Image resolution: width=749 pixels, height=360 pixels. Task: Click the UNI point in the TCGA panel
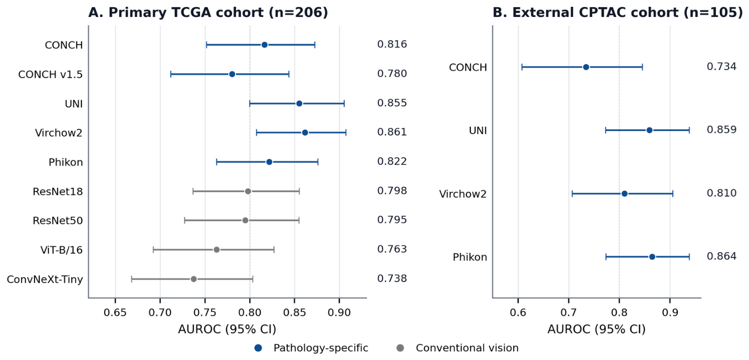(x=300, y=104)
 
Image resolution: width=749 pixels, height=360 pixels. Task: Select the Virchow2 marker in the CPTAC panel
(x=624, y=194)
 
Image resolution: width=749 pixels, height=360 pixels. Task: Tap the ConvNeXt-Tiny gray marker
(x=194, y=279)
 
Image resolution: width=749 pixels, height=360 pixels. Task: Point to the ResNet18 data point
(x=248, y=192)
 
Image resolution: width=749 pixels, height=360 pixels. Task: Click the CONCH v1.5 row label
(x=50, y=75)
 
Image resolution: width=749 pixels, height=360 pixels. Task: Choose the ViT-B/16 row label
(x=61, y=250)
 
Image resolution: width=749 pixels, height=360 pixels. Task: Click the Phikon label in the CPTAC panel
(x=470, y=257)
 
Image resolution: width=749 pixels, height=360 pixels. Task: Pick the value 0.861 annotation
(x=392, y=132)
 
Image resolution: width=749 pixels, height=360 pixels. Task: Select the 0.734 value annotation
(x=721, y=66)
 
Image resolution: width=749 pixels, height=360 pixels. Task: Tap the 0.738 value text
(x=392, y=278)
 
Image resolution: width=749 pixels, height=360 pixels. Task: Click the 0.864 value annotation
(x=721, y=256)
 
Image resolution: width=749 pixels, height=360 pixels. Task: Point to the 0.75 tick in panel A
(x=205, y=313)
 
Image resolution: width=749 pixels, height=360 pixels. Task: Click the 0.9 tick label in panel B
(x=670, y=313)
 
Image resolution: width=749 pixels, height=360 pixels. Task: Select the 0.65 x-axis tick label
(x=115, y=313)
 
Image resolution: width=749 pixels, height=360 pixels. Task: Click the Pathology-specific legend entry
(x=311, y=348)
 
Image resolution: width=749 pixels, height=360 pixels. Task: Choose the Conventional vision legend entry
(x=457, y=348)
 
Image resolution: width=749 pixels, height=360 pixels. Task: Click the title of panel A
(x=208, y=13)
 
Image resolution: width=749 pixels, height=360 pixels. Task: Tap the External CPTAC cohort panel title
(x=617, y=13)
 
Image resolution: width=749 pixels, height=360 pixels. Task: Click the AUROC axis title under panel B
(x=597, y=330)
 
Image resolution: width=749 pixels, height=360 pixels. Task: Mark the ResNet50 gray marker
(x=245, y=221)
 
